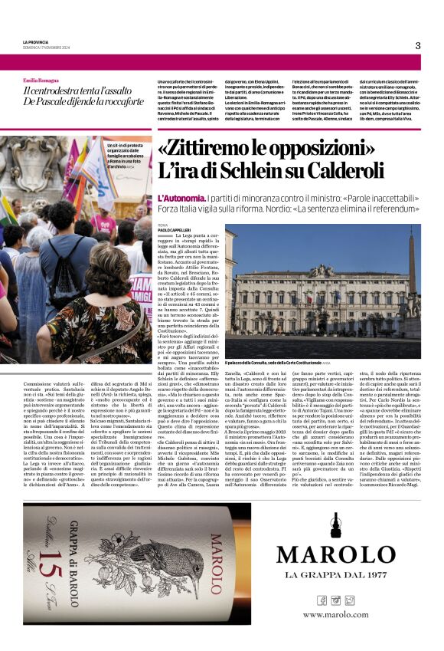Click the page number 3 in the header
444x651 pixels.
pyautogui.click(x=418, y=45)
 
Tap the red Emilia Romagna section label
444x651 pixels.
pyautogui.click(x=42, y=80)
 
